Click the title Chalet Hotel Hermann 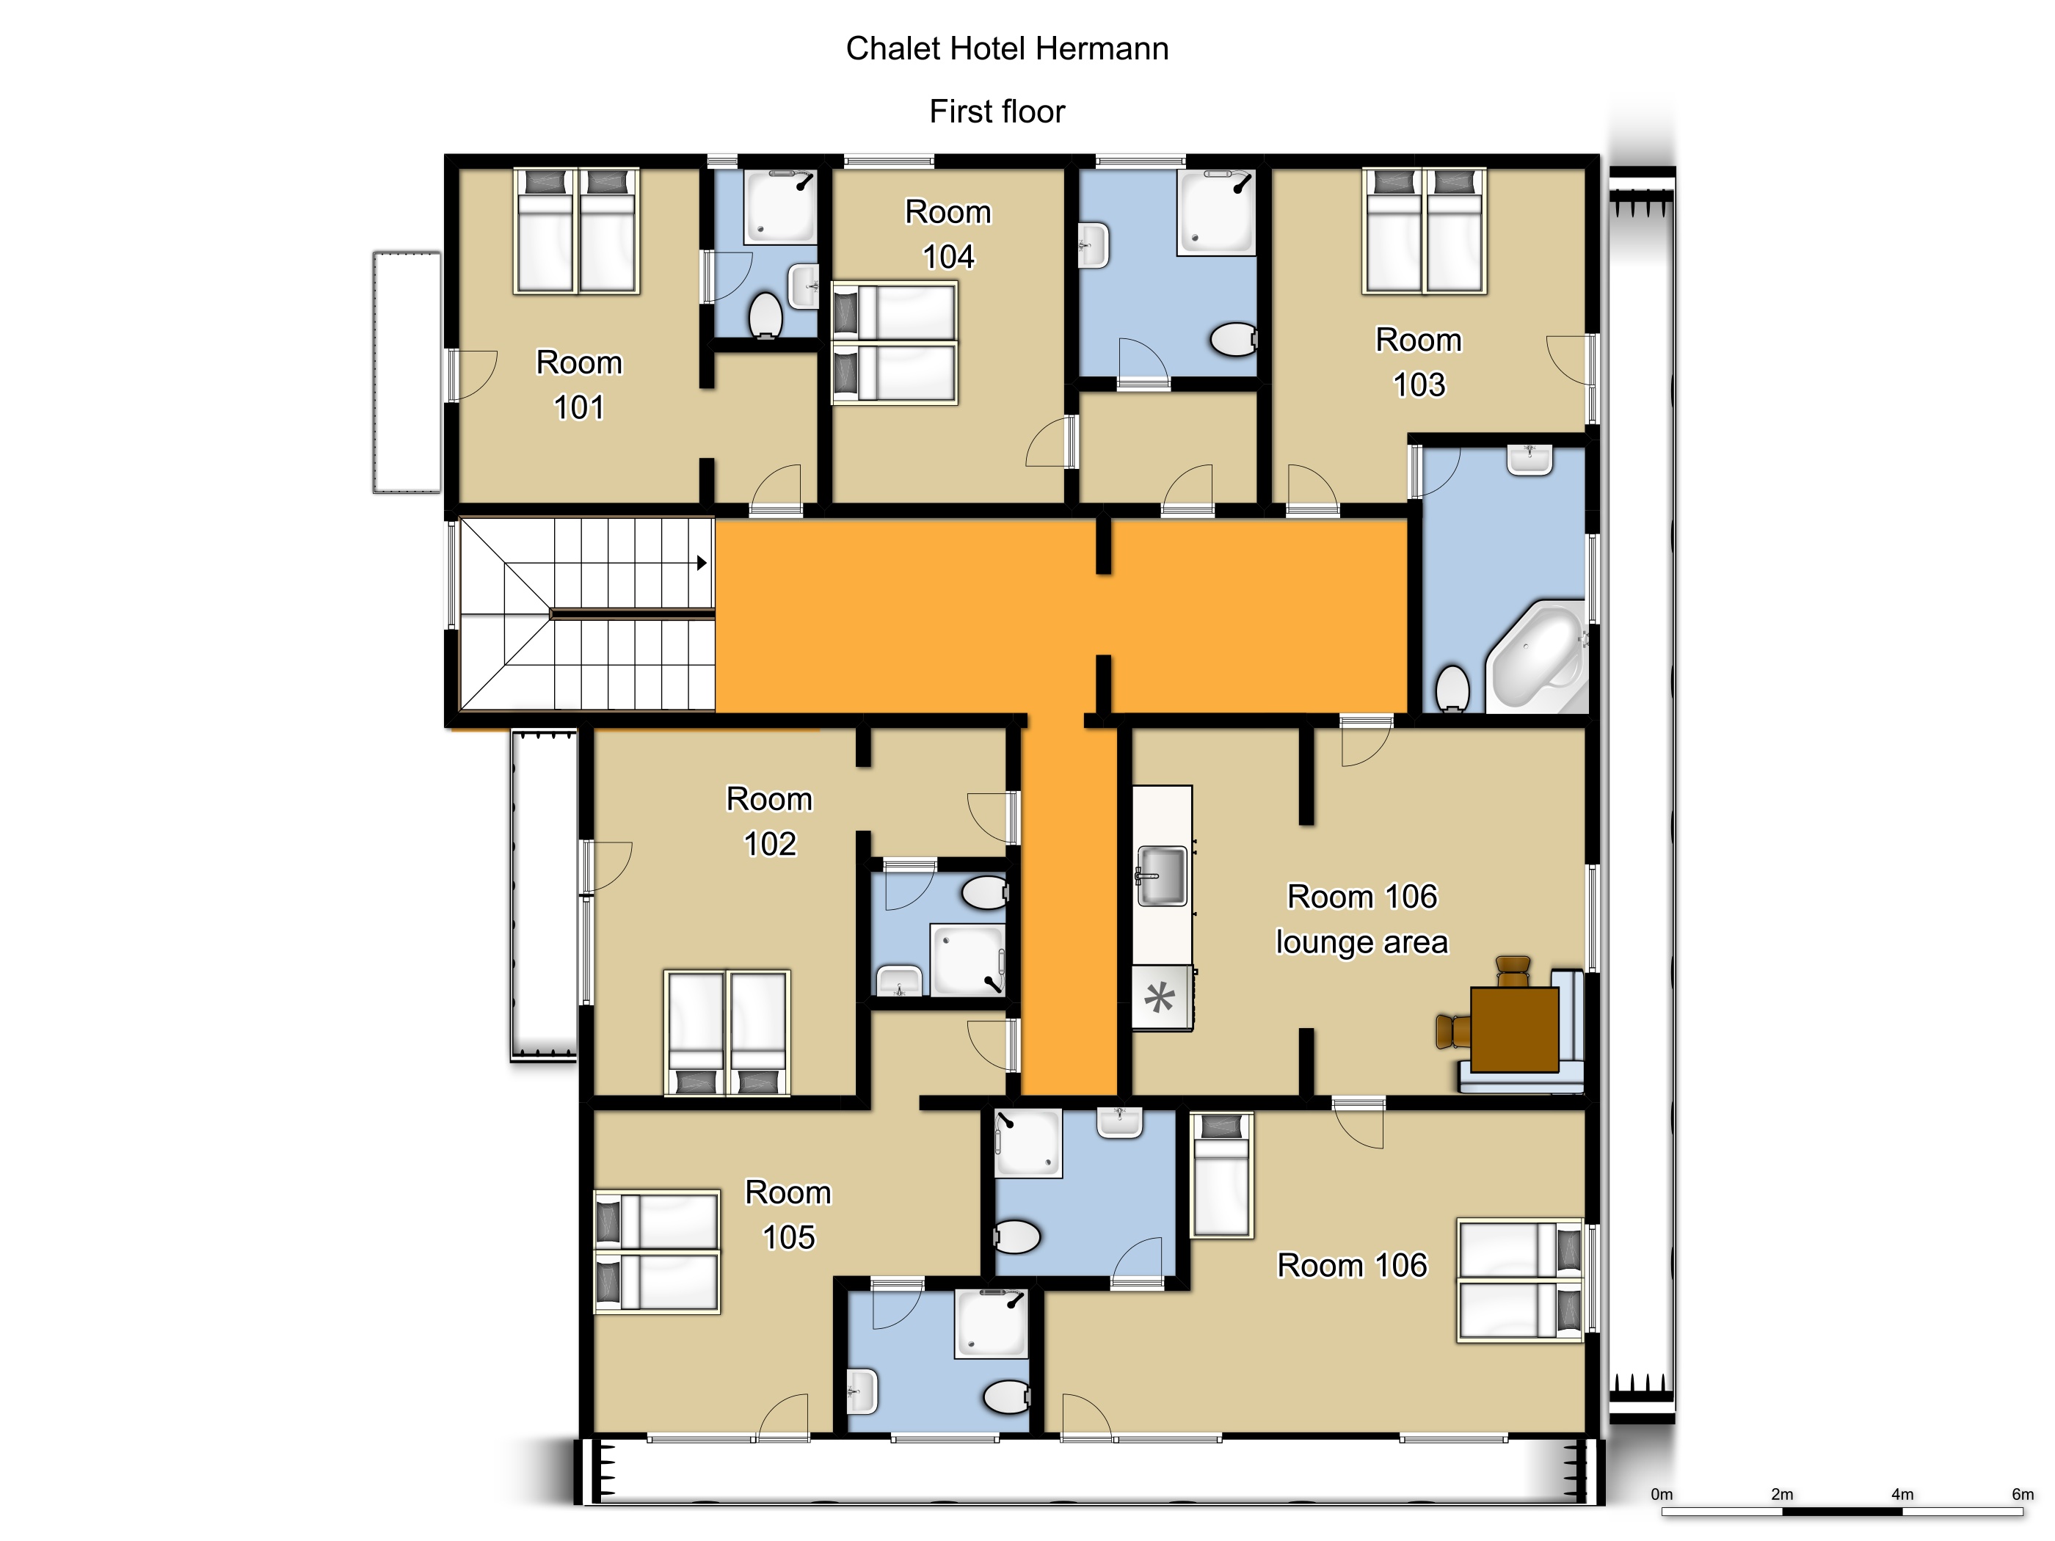click(1007, 48)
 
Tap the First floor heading click(997, 112)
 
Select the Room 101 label click(579, 385)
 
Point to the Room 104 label click(948, 234)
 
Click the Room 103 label click(1419, 363)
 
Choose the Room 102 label click(769, 821)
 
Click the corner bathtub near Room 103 click(1537, 656)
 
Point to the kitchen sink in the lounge click(1161, 875)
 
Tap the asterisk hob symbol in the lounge click(1160, 999)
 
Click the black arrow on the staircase click(702, 563)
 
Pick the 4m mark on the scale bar click(1902, 1493)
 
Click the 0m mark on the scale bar click(1662, 1493)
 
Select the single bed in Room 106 click(1222, 1175)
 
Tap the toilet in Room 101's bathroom click(765, 315)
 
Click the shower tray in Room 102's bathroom click(969, 961)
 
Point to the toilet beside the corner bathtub click(1452, 688)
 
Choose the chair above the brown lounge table click(1513, 972)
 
